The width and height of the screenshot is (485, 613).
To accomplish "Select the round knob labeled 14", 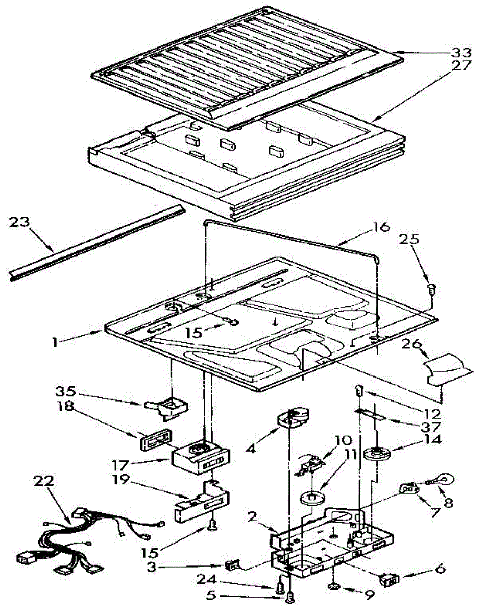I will pos(378,453).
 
